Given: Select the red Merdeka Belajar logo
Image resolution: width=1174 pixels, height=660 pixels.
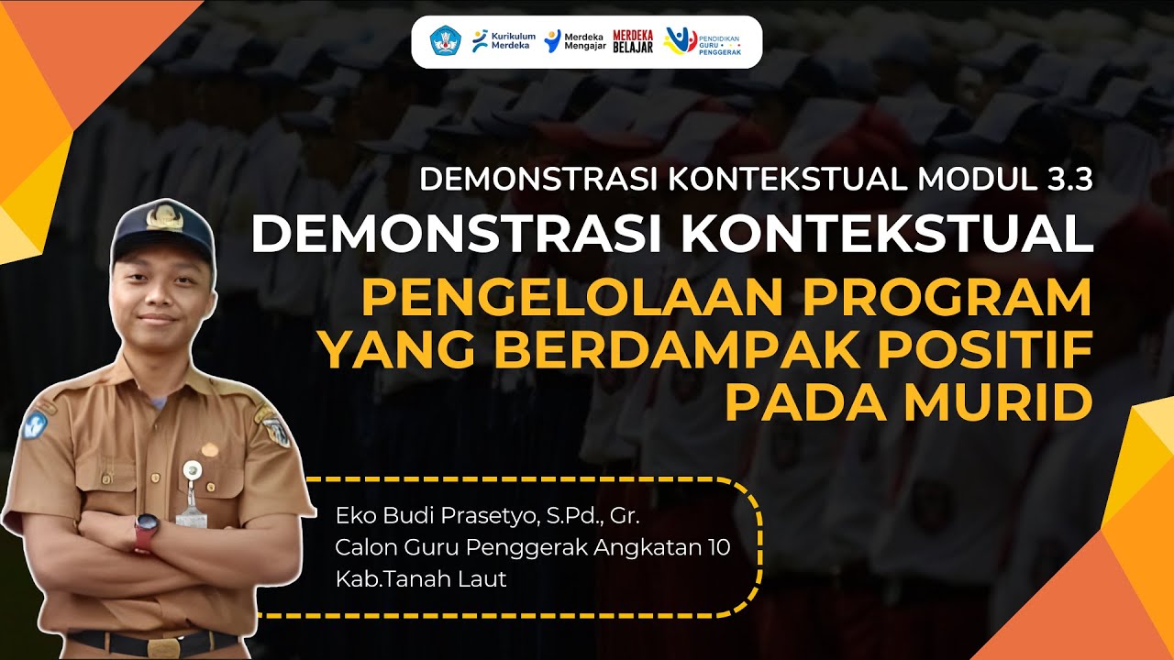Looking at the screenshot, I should coord(633,41).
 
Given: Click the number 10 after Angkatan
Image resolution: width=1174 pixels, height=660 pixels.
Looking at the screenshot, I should coord(719,548).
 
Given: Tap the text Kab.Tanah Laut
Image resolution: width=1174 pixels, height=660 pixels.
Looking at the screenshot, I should coord(421,578).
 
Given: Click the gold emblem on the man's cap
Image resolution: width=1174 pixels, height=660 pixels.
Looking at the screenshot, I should coord(163,218).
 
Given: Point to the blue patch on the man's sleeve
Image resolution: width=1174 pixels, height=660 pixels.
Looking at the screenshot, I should coord(36,424).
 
